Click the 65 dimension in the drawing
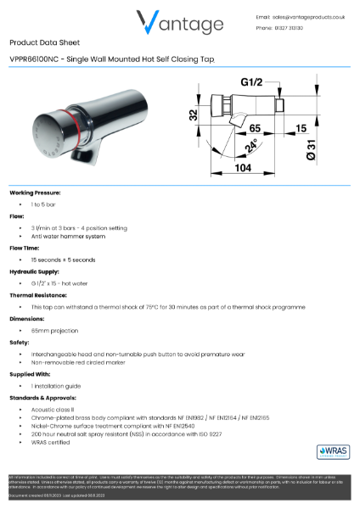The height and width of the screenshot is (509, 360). tap(254, 128)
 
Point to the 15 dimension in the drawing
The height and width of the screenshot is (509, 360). tap(302, 128)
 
